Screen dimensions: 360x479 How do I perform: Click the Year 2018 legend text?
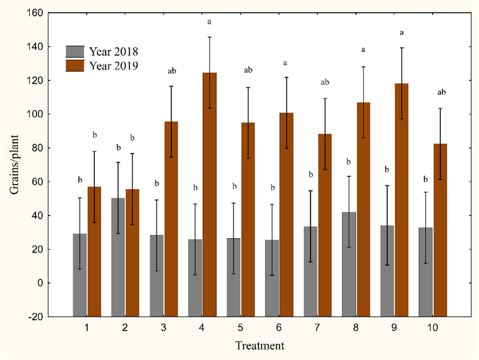(113, 52)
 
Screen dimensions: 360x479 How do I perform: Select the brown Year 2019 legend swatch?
(75, 66)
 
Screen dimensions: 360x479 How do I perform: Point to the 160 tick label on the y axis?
(35, 13)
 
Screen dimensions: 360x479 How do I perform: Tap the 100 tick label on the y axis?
(35, 114)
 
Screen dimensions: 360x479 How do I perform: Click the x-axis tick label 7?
(317, 328)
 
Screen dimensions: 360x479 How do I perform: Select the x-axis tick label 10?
(433, 328)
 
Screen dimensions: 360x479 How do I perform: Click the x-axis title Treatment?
(260, 346)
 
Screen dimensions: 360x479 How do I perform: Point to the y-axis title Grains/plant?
(14, 164)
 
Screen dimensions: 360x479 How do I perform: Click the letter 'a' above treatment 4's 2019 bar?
(209, 22)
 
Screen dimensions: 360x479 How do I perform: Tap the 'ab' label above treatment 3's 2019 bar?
(172, 71)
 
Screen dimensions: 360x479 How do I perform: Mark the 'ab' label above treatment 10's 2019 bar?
(441, 92)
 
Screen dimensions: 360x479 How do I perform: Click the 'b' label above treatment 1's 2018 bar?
(80, 180)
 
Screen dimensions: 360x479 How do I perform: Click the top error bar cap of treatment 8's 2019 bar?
(363, 67)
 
